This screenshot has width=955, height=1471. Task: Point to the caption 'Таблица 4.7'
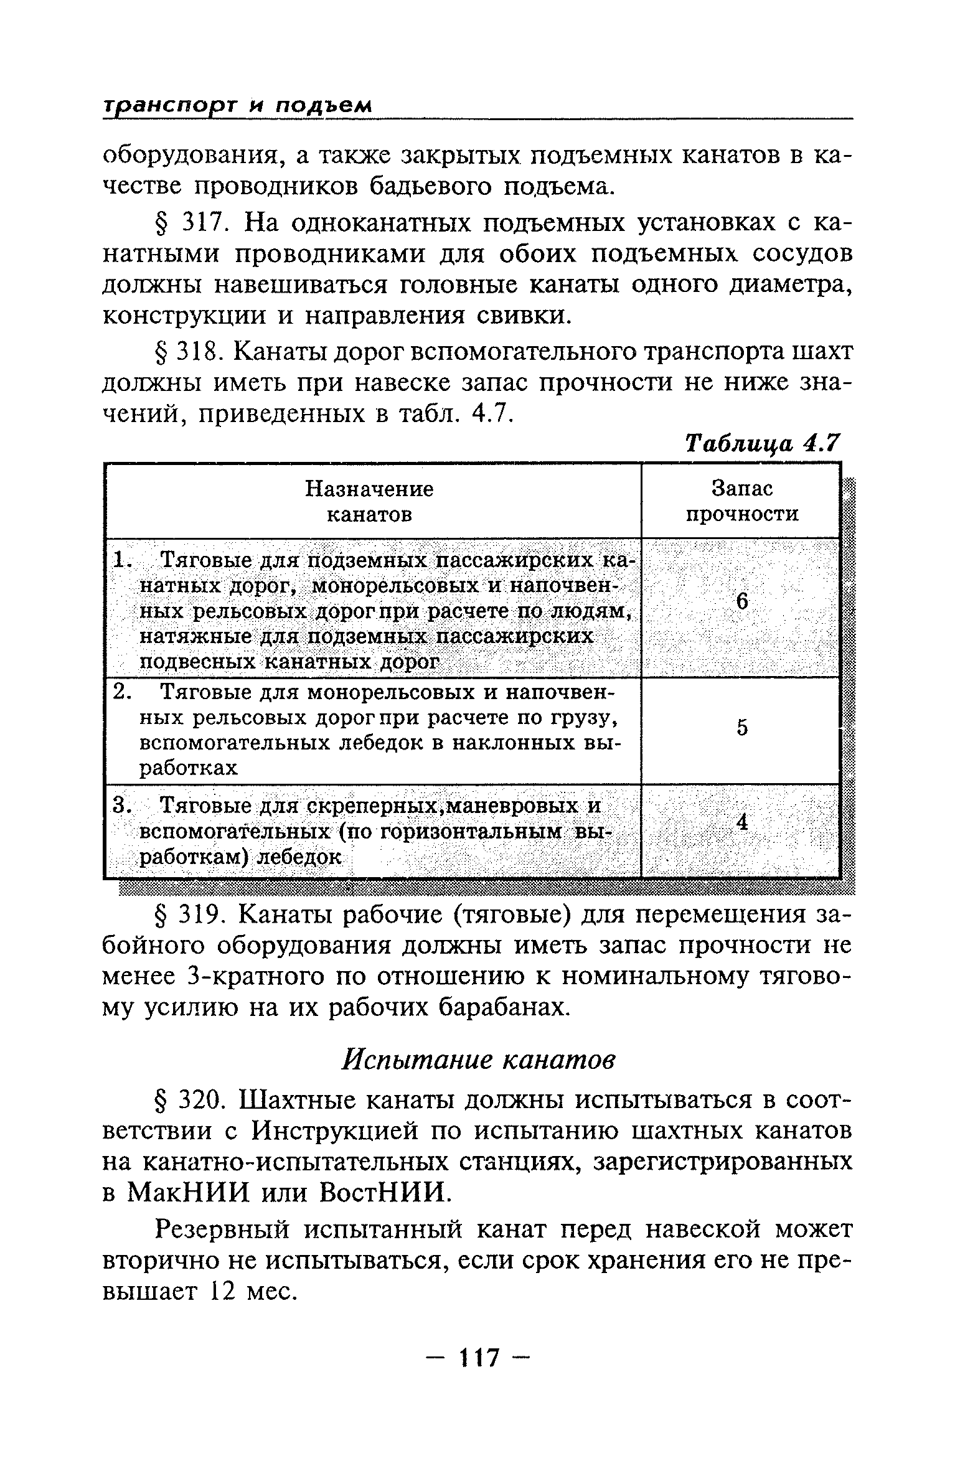click(x=762, y=444)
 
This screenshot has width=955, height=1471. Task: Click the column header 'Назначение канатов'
click(x=370, y=502)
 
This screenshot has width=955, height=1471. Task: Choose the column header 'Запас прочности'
click(x=741, y=502)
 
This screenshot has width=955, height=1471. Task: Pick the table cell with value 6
click(x=741, y=601)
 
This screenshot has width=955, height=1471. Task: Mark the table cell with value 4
click(x=741, y=822)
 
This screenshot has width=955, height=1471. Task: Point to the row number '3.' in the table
click(x=121, y=806)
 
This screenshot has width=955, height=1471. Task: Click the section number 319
click(x=199, y=915)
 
